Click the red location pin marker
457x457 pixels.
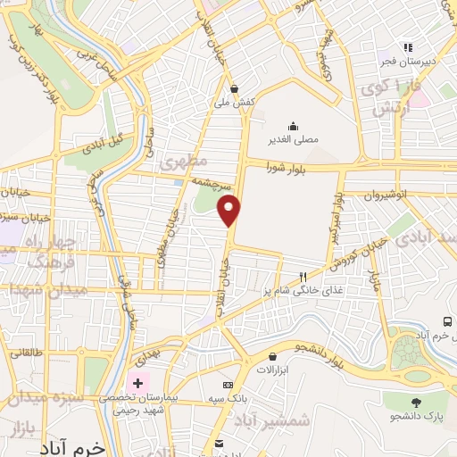[x=229, y=211]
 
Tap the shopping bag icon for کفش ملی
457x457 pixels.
[x=234, y=88]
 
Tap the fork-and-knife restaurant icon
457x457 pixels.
[x=303, y=277]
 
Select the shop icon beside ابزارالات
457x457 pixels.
[x=268, y=355]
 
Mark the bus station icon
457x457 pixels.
[x=447, y=322]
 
